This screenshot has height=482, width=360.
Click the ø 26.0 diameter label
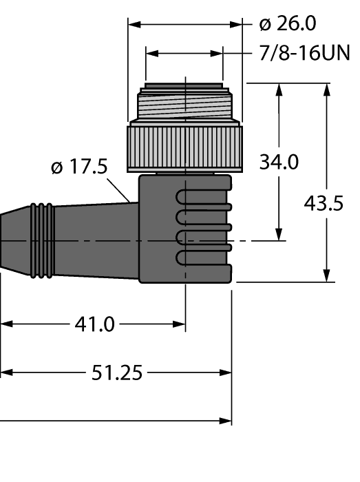pos(288,24)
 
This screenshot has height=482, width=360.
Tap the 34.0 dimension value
pos(278,163)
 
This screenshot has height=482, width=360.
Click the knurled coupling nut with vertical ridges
pos(186,146)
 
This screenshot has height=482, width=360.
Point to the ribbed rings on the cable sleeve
pos(43,241)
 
